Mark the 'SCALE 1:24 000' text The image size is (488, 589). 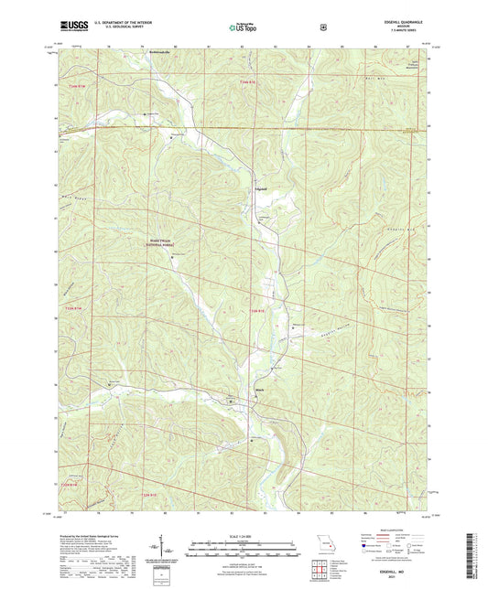(244, 536)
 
